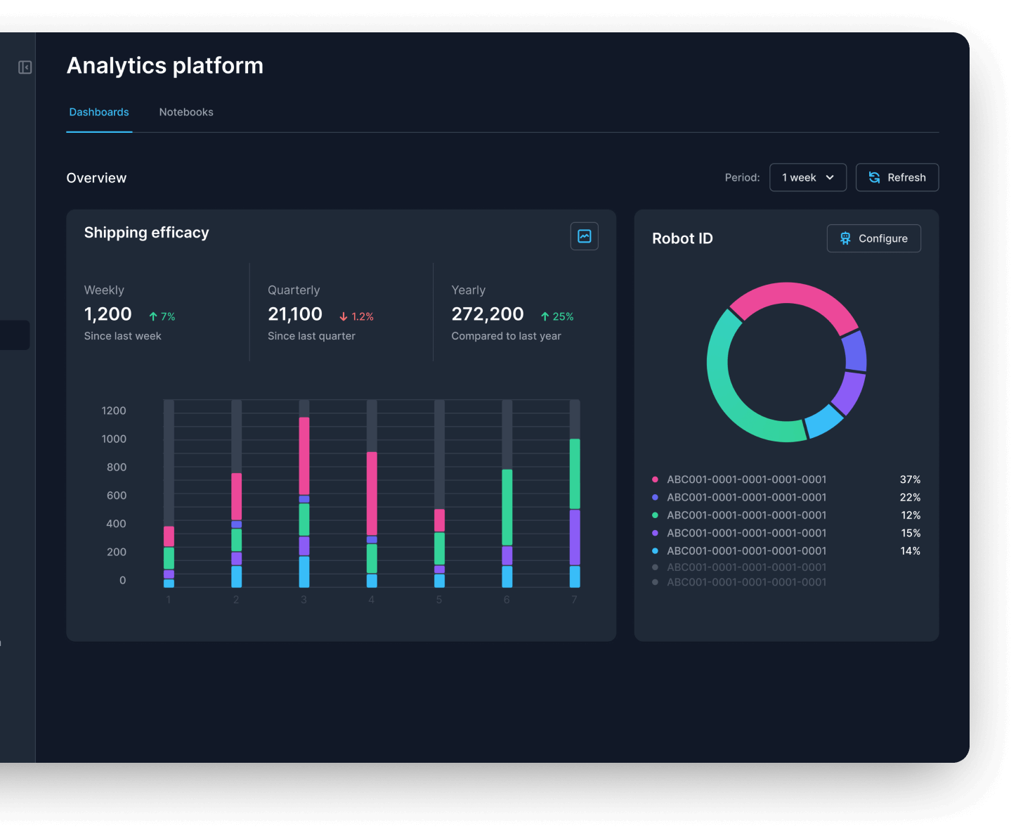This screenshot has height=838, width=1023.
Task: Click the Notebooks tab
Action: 186,112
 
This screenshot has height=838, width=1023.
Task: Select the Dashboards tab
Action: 99,112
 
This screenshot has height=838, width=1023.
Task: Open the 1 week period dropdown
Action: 808,178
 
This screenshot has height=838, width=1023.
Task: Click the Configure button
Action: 873,238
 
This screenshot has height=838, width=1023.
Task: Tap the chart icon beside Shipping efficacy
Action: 584,236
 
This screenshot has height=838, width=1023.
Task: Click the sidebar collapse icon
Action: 25,67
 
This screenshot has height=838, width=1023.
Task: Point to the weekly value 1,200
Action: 108,314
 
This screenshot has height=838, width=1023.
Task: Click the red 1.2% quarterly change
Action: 357,317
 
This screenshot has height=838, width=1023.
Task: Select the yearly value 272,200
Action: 488,314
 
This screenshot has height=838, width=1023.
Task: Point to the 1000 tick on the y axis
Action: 114,439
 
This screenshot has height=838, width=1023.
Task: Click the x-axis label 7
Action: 574,600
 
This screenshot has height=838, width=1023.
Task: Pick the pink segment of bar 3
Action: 304,456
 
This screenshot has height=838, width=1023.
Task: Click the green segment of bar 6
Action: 507,507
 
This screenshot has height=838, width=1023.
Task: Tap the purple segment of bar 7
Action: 575,537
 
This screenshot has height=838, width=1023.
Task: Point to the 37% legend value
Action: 910,479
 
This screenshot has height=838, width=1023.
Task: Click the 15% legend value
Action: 911,533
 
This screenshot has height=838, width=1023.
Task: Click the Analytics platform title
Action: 165,66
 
